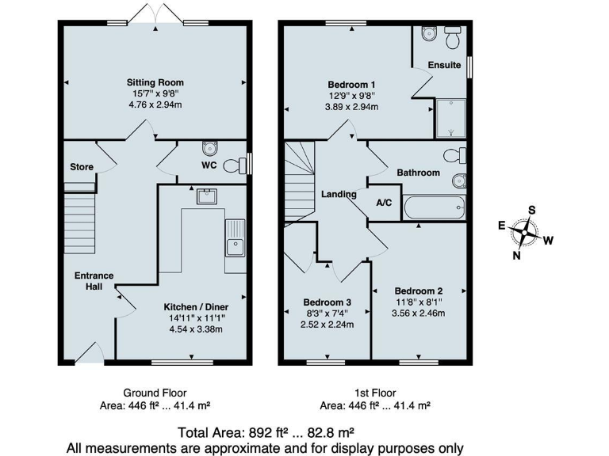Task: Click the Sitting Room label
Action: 155,82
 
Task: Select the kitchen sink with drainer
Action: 236,237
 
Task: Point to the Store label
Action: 81,167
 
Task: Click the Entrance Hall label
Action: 94,281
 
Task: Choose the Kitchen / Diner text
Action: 196,307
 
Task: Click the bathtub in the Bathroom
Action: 434,209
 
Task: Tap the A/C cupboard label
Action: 384,203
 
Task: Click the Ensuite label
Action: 444,65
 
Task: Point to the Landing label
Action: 339,194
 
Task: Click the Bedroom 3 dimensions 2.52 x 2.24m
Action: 327,324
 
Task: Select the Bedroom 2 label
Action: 419,291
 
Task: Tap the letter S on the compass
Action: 532,210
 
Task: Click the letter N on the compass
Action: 517,255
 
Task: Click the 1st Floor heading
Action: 375,393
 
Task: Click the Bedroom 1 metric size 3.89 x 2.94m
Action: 351,107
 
